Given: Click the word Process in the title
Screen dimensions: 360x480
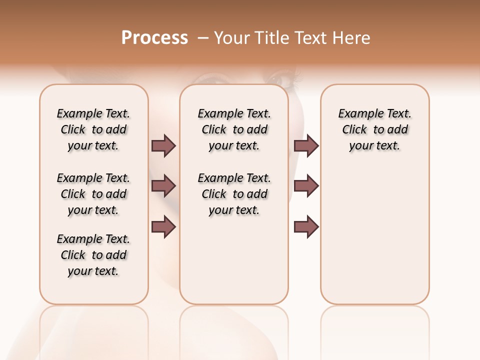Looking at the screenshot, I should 154,38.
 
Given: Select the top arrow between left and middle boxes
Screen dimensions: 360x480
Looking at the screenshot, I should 163,145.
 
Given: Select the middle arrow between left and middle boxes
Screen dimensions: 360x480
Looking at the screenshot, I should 163,186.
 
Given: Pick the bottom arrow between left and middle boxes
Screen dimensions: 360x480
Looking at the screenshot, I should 163,226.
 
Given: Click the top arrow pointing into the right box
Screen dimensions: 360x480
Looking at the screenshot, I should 306,145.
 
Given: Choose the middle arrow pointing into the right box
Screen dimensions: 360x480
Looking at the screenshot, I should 306,186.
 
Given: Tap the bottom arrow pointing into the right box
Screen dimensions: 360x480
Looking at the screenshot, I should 306,226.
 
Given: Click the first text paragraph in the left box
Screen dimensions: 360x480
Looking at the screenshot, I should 93,129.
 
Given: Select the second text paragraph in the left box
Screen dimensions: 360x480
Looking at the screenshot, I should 93,194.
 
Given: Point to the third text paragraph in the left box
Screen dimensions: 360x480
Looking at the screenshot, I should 93,255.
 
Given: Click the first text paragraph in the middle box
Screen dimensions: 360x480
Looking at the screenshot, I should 234,129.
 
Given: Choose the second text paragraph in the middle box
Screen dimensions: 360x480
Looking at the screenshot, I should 234,194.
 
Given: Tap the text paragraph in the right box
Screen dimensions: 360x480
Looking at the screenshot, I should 374,129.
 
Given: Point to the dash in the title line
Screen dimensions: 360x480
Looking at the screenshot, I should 203,38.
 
